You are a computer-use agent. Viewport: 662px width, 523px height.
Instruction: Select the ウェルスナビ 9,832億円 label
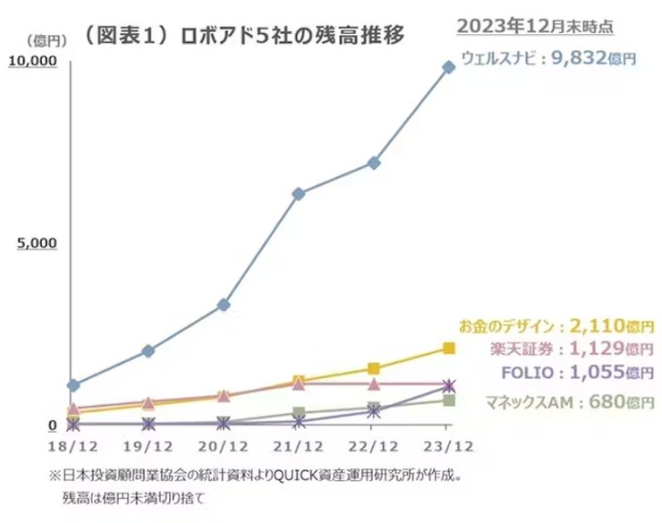(548, 59)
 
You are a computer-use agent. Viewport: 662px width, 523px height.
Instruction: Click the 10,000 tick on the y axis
(33, 60)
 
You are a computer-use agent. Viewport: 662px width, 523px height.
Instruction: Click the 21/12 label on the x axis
(299, 445)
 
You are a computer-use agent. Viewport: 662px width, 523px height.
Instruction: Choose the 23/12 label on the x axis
(448, 445)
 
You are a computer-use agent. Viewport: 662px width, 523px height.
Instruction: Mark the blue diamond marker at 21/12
(299, 194)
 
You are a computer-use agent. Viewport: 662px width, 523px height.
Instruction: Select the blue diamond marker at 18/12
(73, 385)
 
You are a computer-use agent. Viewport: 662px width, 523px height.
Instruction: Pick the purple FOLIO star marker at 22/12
(374, 412)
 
